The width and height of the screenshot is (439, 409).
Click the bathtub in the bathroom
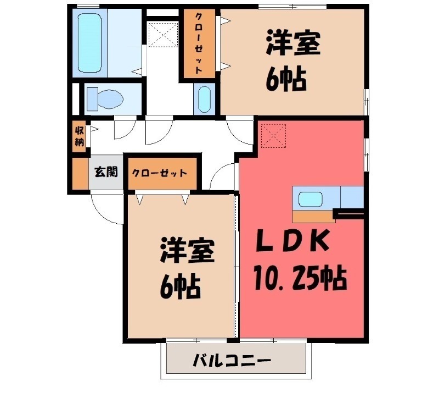(89, 42)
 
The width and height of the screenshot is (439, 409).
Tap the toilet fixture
(106, 100)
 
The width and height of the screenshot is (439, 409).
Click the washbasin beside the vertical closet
(204, 99)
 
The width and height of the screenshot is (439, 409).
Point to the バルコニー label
(232, 361)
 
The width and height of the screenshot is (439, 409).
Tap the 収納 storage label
(80, 136)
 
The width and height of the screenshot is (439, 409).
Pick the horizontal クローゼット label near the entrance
(159, 173)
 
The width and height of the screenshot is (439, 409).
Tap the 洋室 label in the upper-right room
(292, 45)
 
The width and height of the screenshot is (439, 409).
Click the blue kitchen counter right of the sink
(352, 196)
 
